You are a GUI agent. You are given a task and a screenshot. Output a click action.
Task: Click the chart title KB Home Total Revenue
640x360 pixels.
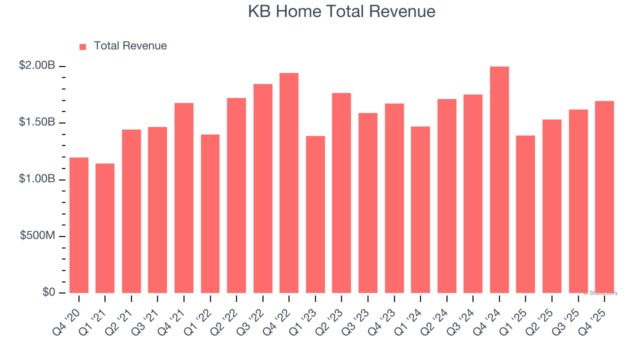point(341,11)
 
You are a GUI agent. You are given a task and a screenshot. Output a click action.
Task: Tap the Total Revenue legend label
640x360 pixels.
point(130,46)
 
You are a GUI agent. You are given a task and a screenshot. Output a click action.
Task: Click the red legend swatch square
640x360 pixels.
point(83,47)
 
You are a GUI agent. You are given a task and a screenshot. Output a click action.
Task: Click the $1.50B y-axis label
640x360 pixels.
point(37,122)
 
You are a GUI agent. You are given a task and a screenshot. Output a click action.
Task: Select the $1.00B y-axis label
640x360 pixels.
point(37,178)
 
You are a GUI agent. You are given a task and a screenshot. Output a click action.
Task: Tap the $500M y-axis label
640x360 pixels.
point(37,235)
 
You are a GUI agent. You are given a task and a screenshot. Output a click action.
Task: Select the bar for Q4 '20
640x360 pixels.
point(79,225)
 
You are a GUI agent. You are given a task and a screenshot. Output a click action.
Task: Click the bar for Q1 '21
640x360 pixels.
point(105,228)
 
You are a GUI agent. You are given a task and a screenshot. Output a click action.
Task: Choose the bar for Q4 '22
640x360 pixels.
point(289,183)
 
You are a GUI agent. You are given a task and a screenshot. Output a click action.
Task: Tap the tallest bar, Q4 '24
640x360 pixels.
point(499,180)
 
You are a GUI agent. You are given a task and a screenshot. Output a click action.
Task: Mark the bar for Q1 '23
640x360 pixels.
point(315,214)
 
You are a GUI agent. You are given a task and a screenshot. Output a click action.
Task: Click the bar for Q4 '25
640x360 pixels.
point(604,197)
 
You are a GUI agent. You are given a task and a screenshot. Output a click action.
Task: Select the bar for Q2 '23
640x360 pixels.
point(341,193)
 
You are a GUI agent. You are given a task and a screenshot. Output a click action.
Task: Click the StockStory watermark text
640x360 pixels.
point(600,293)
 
